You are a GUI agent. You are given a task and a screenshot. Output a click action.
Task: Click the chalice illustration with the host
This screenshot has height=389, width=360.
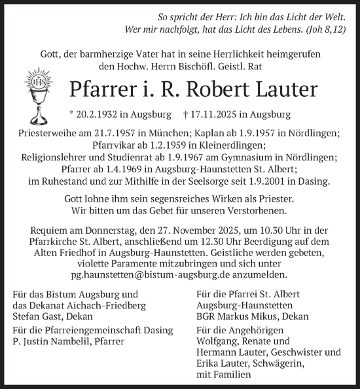click(39, 99)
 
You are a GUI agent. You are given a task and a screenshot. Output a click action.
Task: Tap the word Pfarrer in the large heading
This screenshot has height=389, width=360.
click(99, 88)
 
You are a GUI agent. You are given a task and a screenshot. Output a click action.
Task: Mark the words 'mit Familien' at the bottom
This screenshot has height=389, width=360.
click(223, 375)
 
